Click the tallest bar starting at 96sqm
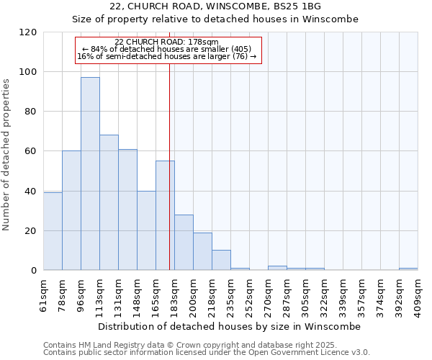click(x=90, y=174)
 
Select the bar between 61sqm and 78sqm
click(x=53, y=231)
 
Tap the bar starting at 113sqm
click(x=109, y=202)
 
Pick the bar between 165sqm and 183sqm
click(x=165, y=215)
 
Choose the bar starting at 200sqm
click(x=202, y=251)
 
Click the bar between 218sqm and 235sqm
click(x=221, y=261)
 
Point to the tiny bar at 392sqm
click(x=408, y=269)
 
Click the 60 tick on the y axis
click(x=32, y=151)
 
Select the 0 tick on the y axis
click(x=35, y=271)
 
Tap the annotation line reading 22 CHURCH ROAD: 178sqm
click(x=166, y=42)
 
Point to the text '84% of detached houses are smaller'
click(x=166, y=49)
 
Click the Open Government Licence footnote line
click(x=207, y=353)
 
